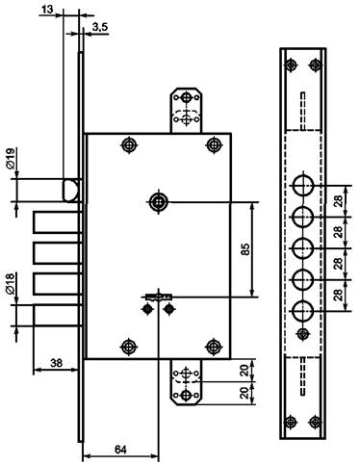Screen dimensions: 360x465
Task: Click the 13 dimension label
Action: [47, 10]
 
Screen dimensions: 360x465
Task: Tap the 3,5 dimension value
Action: [100, 28]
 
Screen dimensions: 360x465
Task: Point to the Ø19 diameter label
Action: [10, 158]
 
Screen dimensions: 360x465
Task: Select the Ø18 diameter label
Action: [10, 284]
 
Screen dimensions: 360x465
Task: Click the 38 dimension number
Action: [56, 363]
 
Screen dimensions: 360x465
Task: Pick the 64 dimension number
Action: [120, 450]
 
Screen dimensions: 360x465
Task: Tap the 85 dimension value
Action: [244, 249]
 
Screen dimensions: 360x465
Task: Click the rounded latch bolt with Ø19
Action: [70, 191]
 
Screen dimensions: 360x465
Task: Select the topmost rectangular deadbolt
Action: [57, 222]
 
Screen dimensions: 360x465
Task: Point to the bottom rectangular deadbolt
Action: [57, 316]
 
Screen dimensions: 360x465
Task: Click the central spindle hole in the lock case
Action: [159, 202]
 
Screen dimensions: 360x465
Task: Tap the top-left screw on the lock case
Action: [129, 145]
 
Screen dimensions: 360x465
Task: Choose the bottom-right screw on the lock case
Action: [214, 347]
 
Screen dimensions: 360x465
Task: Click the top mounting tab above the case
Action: [186, 110]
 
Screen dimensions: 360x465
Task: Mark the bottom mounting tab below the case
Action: [186, 382]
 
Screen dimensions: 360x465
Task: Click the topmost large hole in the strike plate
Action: [302, 186]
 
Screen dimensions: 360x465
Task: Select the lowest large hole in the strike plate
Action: [302, 311]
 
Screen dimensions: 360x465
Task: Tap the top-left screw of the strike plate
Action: [291, 65]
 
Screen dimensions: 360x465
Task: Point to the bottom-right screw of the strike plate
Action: [315, 422]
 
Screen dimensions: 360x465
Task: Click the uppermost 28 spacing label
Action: [338, 201]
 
